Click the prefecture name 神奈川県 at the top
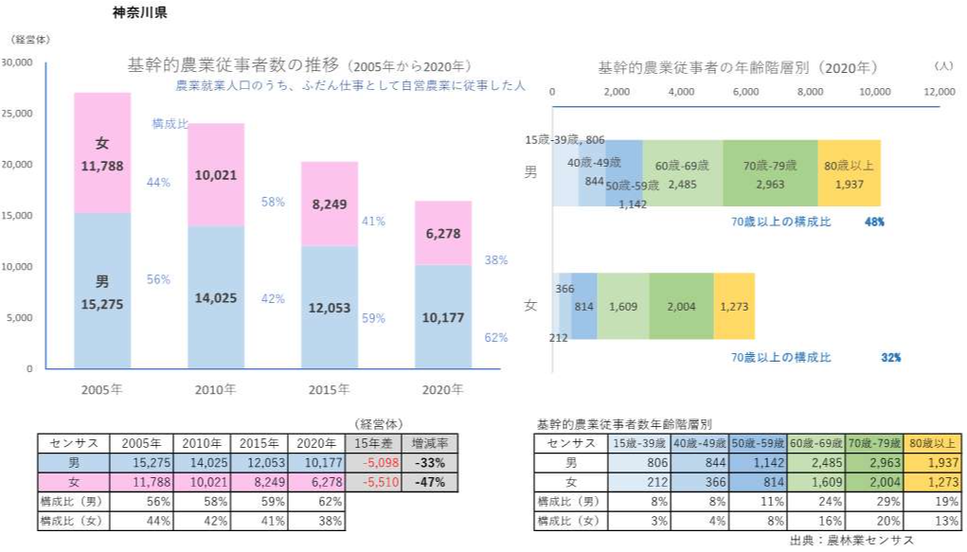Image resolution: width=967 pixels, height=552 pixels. tap(139, 14)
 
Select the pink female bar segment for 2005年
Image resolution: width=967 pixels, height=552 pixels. tap(102, 151)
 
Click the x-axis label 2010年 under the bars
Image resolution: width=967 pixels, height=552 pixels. tap(215, 389)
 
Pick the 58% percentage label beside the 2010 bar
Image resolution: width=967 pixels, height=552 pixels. tap(273, 202)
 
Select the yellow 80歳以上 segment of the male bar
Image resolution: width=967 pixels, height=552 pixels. tap(850, 173)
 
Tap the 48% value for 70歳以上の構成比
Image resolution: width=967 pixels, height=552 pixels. tap(875, 222)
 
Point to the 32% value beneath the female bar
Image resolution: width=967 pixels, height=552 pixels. tap(890, 358)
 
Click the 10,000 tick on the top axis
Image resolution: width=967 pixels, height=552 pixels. tap(874, 92)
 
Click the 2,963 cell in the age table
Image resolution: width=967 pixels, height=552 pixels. tap(874, 463)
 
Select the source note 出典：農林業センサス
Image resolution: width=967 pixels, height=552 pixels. tap(851, 540)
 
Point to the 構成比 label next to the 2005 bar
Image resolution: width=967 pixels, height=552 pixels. tap(170, 124)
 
